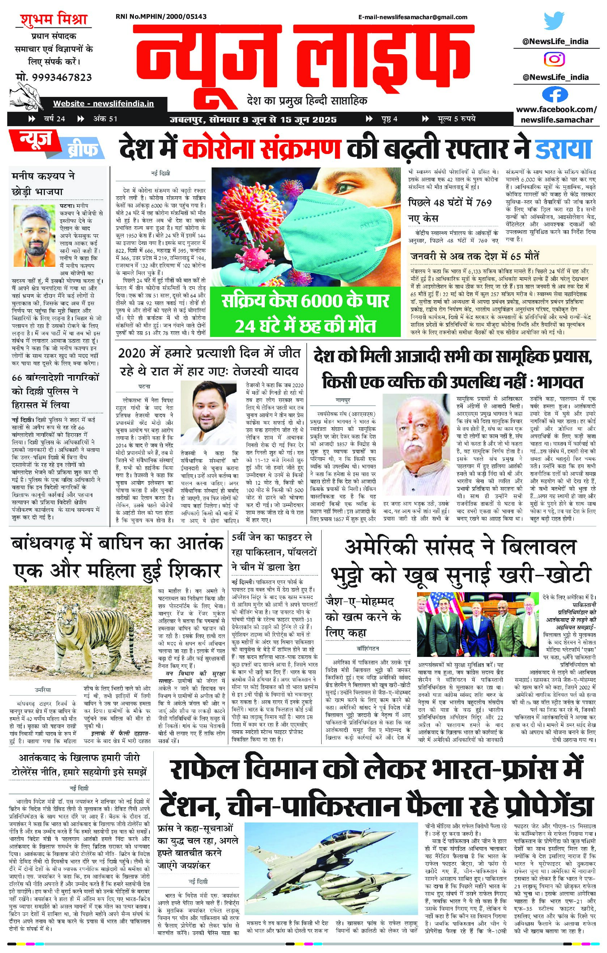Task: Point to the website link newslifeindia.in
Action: [103, 104]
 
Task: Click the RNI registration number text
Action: [161, 17]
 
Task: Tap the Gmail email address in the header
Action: [413, 17]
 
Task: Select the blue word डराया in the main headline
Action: [564, 149]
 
